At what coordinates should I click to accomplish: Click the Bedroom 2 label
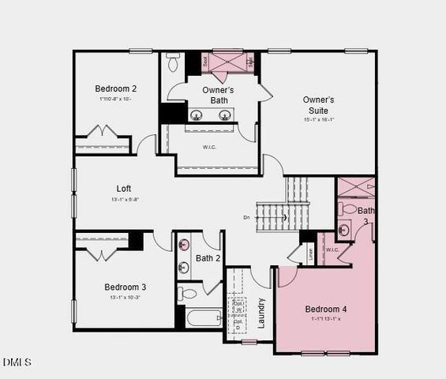coord(116,88)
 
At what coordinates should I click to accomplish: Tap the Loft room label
coord(124,188)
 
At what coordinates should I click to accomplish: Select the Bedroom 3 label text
coord(125,287)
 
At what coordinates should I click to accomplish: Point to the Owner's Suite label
coord(319,105)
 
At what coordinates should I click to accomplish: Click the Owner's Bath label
coord(217,96)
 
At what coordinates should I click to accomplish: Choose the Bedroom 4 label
coord(325,309)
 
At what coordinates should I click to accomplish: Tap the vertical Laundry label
coord(260,313)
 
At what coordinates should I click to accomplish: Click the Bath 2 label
coord(208,258)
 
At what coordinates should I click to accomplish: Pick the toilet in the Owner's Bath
coord(173,62)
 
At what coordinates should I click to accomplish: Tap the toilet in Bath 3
coord(349,209)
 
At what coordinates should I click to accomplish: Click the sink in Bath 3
coord(344,230)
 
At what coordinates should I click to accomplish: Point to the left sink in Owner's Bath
coord(196,115)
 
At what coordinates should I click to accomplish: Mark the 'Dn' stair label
coord(246,217)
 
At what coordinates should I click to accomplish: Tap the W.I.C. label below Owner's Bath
coord(209,146)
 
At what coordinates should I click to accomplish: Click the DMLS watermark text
coord(17,362)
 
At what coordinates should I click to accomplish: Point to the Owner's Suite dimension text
coord(319,120)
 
